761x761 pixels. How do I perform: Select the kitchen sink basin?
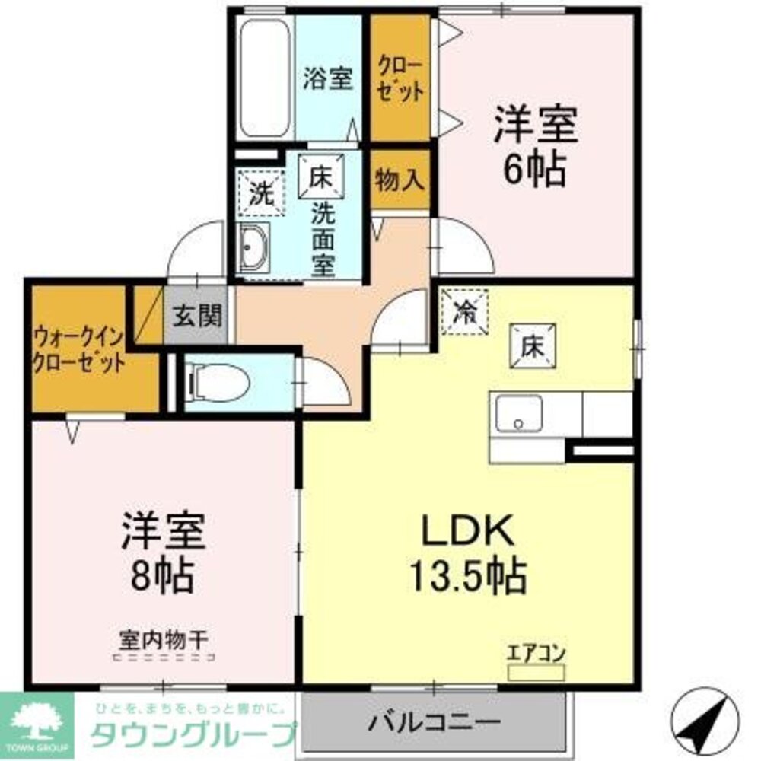coord(517,416)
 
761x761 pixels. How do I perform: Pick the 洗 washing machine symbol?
coord(261,193)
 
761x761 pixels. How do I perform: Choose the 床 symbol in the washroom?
coord(320,177)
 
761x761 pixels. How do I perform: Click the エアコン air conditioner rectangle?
coord(536,673)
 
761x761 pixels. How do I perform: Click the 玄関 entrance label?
coord(196,316)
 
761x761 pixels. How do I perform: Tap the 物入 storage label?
coord(400,181)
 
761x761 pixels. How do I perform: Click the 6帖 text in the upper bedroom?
coord(536,172)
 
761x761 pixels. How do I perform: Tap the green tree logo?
coord(37,721)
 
